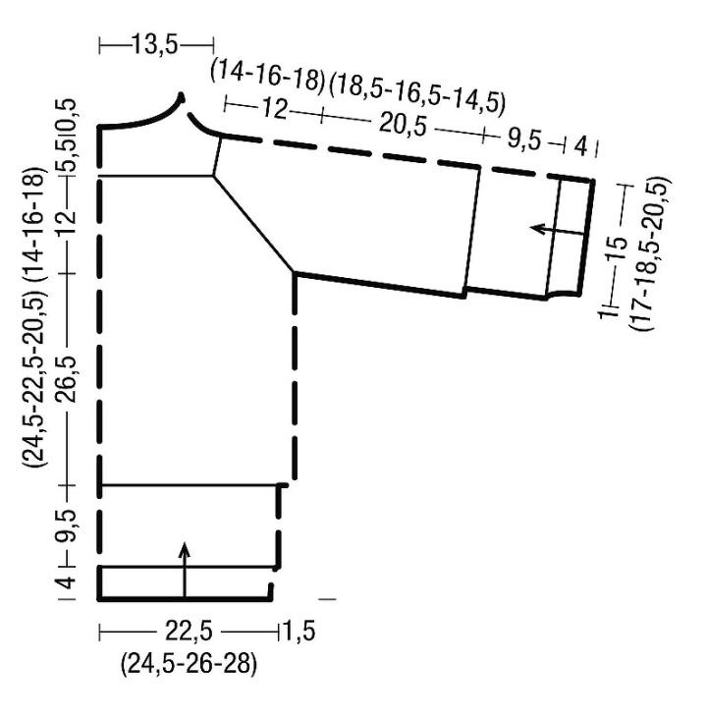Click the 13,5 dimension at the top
tap(154, 45)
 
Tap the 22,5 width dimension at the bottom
tap(189, 632)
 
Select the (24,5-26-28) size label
tap(189, 664)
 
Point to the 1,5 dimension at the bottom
tap(299, 631)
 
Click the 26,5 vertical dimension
tap(68, 379)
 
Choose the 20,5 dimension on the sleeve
tap(402, 125)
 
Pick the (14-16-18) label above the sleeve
tap(267, 77)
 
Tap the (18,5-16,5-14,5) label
tap(416, 96)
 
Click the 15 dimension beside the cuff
tap(618, 249)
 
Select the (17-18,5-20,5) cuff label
tap(650, 253)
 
